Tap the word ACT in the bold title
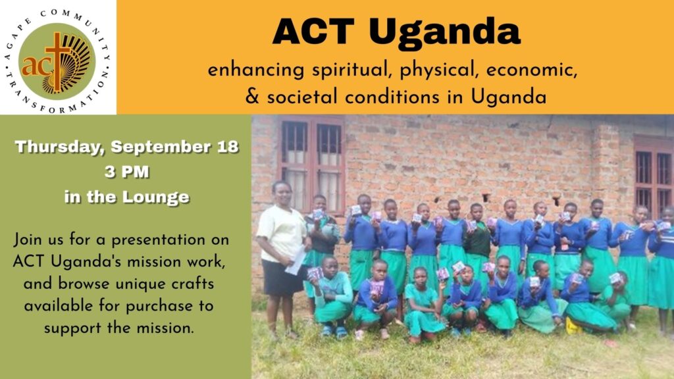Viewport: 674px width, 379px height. pos(313,31)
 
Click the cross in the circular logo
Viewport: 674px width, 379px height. pos(58,61)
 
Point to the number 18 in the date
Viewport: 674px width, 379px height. pos(227,147)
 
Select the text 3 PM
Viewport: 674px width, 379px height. pos(127,172)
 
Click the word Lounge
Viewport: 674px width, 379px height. pos(155,197)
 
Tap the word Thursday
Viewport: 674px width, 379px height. pos(60,147)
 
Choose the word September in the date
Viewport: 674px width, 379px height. pos(161,147)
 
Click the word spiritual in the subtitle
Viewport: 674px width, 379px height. pos(351,70)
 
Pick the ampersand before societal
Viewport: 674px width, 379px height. pos(252,96)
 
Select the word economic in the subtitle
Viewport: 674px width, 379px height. pos(532,70)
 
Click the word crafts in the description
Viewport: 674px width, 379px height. pos(192,284)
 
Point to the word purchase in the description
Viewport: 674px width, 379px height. pos(159,307)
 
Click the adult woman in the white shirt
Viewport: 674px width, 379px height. pos(282,258)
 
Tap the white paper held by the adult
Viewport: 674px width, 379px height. pos(296,261)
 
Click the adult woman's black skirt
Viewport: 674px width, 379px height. pos(282,277)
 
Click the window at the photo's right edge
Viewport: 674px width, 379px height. pos(654,176)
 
